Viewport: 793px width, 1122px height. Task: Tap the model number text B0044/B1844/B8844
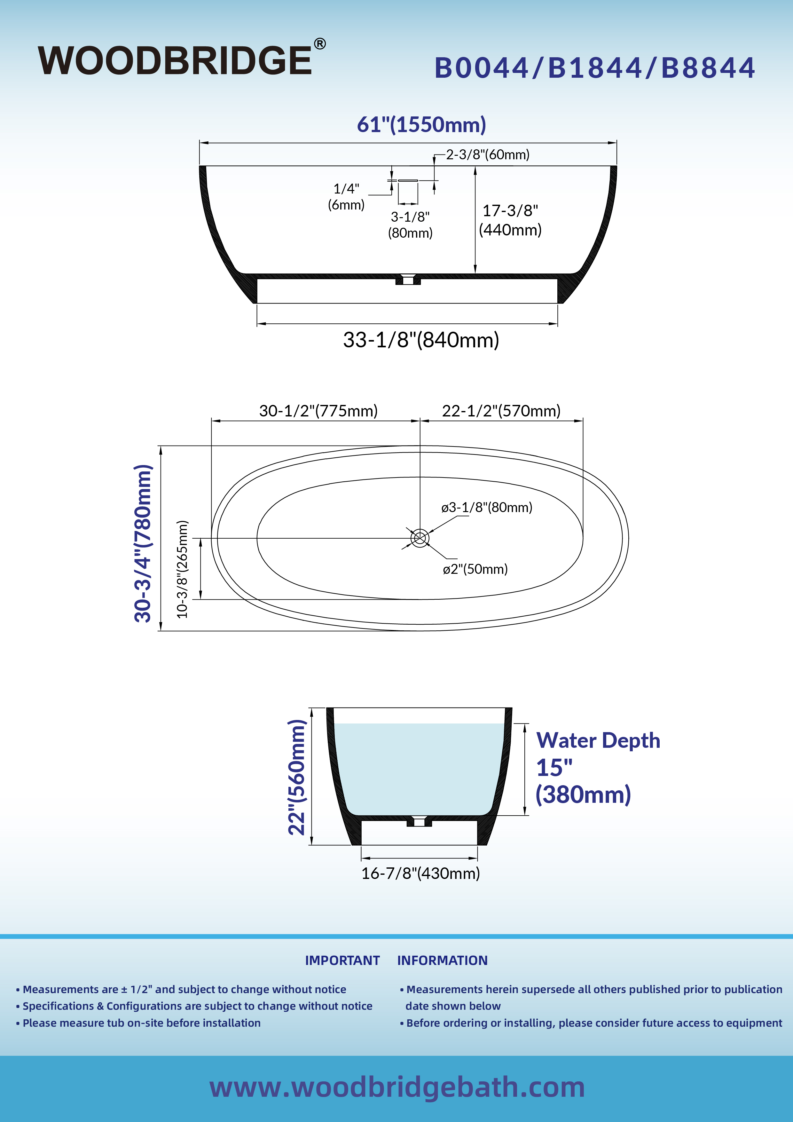(595, 67)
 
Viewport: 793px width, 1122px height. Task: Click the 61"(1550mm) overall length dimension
(421, 125)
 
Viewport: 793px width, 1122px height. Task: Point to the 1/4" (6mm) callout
(346, 196)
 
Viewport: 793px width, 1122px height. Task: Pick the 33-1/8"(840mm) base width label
(421, 340)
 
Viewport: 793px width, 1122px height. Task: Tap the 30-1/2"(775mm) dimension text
(318, 410)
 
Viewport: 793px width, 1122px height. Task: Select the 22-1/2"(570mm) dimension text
(501, 410)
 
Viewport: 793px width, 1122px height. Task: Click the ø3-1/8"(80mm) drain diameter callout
(487, 507)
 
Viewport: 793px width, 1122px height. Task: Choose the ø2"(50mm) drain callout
(475, 569)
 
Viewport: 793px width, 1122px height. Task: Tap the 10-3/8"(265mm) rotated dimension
(182, 569)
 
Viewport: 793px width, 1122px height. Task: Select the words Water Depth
(598, 740)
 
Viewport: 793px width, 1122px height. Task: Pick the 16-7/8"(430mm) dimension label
(420, 873)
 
